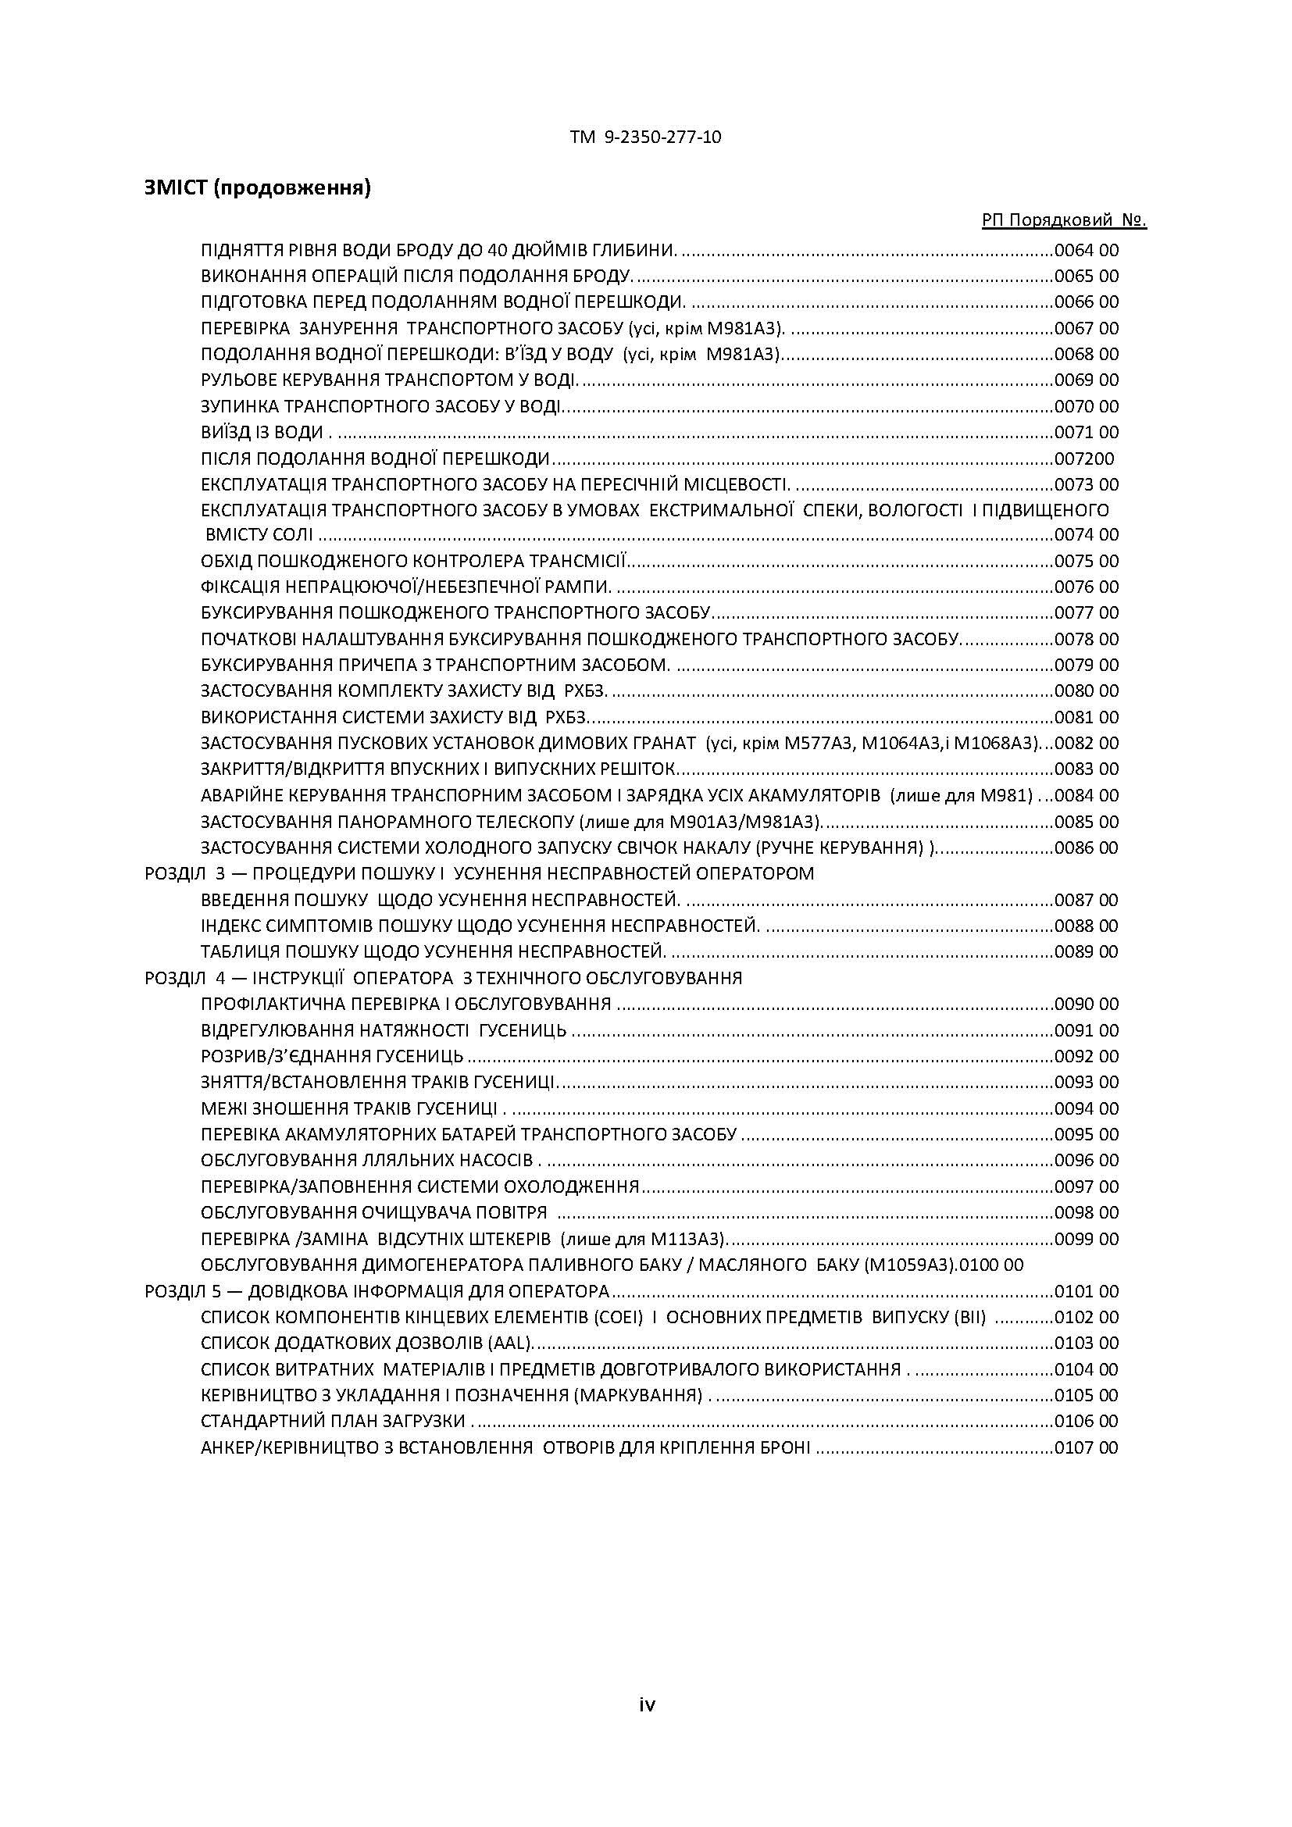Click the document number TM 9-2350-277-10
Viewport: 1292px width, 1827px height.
pyautogui.click(x=645, y=137)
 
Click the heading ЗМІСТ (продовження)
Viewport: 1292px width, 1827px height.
pyautogui.click(x=257, y=187)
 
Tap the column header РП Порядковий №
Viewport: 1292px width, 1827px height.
pyautogui.click(x=1064, y=220)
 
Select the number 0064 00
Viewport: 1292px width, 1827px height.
pyautogui.click(x=1086, y=251)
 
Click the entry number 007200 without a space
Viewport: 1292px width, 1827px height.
pyautogui.click(x=1083, y=459)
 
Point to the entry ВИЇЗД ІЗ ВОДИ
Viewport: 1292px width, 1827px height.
pyautogui.click(x=262, y=433)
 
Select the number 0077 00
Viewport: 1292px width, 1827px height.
pyautogui.click(x=1086, y=612)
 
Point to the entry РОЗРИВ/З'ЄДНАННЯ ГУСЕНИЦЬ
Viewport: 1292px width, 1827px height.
pyautogui.click(x=332, y=1057)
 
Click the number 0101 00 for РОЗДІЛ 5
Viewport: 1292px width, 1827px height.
pyautogui.click(x=1086, y=1291)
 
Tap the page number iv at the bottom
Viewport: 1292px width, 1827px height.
pyautogui.click(x=647, y=1704)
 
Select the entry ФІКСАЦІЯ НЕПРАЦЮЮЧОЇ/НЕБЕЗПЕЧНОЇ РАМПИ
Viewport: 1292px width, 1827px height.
pyautogui.click(x=405, y=587)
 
